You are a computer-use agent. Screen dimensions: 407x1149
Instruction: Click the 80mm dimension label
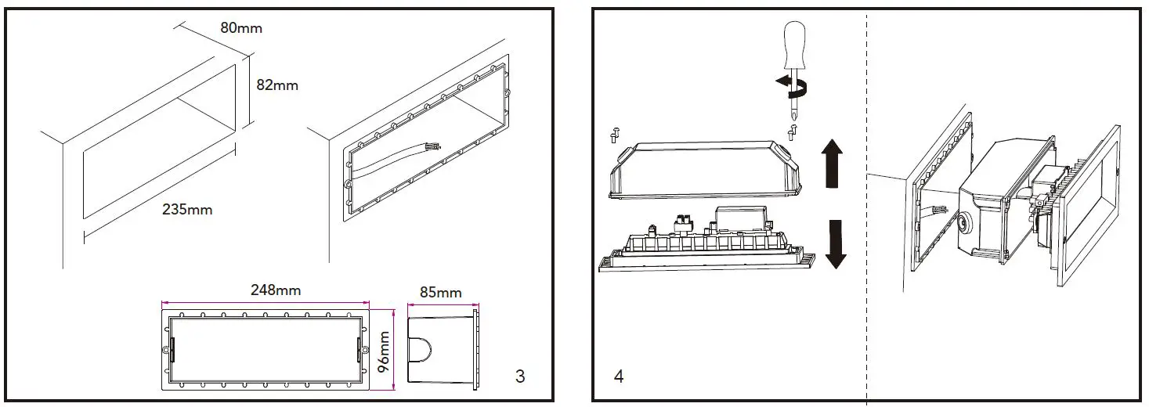coord(241,28)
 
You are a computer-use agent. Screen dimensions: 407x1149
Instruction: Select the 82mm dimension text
coord(277,85)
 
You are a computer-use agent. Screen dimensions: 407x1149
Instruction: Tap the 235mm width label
coord(187,209)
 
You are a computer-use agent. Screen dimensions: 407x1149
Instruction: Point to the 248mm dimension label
coord(275,290)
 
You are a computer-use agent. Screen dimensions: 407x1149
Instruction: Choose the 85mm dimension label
coord(441,292)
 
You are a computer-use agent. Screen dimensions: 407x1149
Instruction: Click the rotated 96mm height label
coord(384,352)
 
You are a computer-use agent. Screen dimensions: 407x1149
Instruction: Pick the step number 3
coord(520,376)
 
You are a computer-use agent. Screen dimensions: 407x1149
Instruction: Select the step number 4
coord(619,376)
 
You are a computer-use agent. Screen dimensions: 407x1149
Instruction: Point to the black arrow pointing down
coord(836,243)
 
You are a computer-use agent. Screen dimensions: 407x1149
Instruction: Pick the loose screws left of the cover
coord(613,135)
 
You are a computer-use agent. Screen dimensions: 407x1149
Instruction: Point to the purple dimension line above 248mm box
coord(266,303)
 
